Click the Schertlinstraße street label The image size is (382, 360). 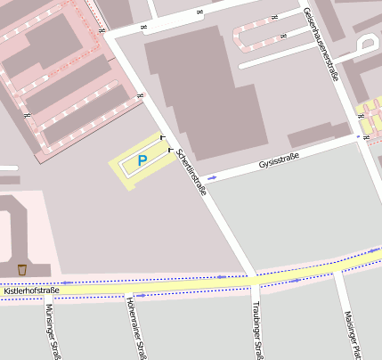point(191,171)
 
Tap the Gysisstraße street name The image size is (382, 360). point(279,160)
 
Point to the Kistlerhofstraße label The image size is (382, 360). point(31,290)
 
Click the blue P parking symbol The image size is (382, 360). point(142,161)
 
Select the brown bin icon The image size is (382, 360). point(22,269)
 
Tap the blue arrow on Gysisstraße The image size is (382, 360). point(212,177)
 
